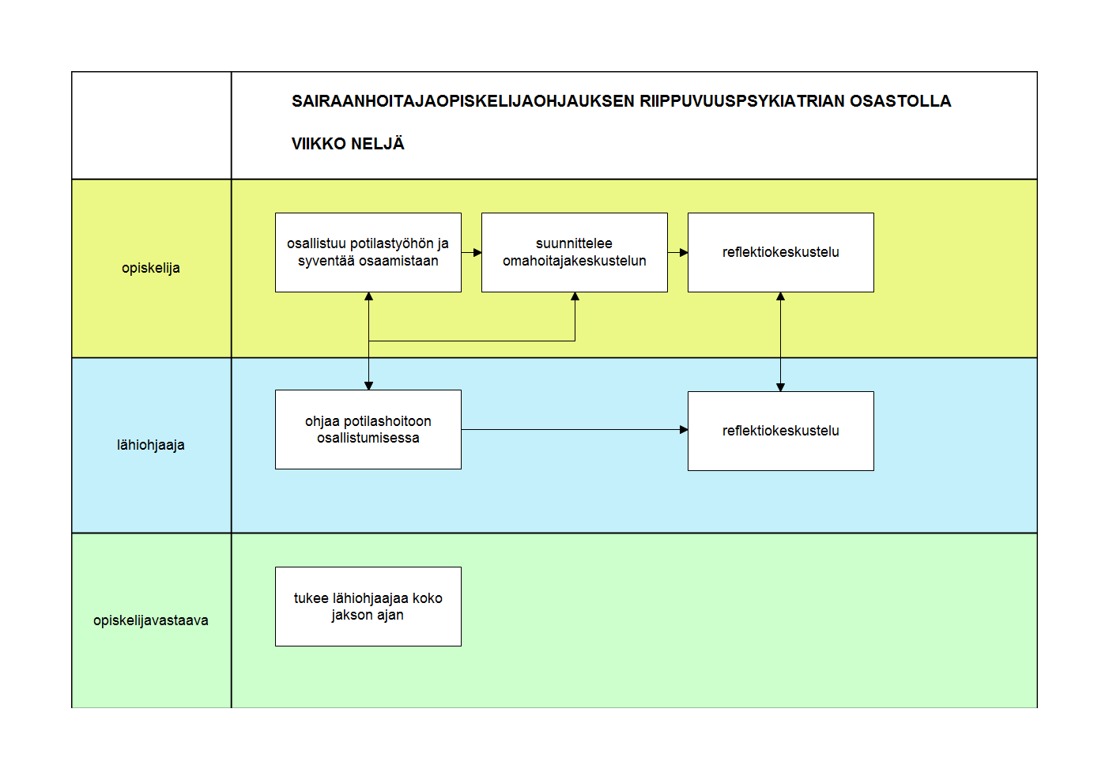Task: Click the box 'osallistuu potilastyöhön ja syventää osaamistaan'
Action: pos(368,252)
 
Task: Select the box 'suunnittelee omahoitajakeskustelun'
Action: pos(575,252)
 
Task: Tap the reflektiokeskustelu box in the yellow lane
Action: pos(781,252)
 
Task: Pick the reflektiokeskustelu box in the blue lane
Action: pos(781,431)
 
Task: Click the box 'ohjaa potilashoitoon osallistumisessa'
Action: pos(368,430)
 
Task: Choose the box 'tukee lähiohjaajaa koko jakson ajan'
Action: pos(368,607)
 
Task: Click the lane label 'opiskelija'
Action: pos(151,269)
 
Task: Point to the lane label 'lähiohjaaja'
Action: pos(151,446)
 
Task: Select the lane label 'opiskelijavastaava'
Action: pos(151,620)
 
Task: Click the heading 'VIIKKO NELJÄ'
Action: pos(348,144)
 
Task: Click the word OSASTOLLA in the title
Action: pos(900,101)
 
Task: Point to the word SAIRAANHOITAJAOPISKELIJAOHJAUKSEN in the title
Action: pos(463,101)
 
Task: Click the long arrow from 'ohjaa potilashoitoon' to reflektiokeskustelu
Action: pos(575,430)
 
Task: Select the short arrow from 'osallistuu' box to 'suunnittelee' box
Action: pos(471,252)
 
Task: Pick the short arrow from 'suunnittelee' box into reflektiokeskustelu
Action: pos(677,252)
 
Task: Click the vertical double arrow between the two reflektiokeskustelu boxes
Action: pos(781,341)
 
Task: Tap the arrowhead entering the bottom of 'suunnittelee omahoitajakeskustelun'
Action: pos(575,296)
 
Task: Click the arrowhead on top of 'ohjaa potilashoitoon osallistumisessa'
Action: pos(369,386)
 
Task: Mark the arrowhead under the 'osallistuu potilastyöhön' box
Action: pos(369,296)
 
